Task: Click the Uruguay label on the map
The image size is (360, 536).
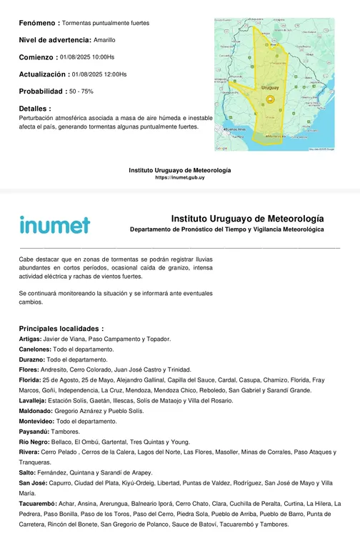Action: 270,87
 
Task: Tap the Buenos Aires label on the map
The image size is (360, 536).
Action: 236,129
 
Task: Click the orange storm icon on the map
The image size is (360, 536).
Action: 270,98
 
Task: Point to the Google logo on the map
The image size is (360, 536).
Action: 221,148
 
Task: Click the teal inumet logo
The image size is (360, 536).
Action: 55,225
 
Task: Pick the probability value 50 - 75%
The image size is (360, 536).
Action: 81,91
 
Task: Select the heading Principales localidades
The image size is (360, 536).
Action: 61,327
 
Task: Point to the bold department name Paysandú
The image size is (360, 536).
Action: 34,432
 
